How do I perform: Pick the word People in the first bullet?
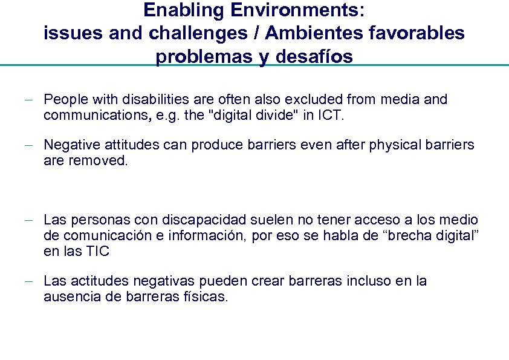(x=66, y=99)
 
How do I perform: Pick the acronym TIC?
(x=97, y=251)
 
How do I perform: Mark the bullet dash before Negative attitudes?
(x=36, y=145)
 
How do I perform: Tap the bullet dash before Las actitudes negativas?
(x=36, y=281)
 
